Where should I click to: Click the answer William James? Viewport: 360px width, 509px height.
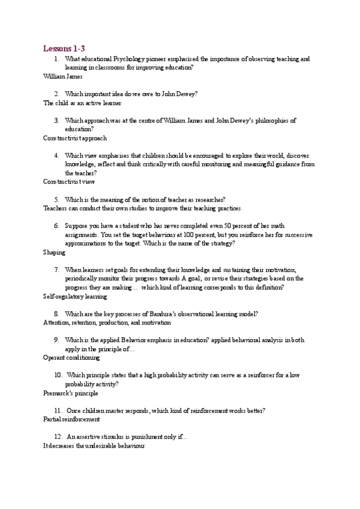tap(63, 77)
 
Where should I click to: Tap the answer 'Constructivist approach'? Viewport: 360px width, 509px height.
tap(75, 138)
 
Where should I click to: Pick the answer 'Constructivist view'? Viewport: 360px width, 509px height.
tap(69, 181)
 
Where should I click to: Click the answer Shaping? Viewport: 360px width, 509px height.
tap(54, 253)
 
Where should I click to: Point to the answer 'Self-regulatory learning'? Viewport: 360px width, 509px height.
tap(75, 296)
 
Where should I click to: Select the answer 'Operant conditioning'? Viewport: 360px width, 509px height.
tap(71, 358)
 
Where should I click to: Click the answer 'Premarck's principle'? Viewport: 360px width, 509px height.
tap(71, 393)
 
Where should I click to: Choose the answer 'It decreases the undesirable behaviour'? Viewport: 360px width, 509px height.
tap(94, 446)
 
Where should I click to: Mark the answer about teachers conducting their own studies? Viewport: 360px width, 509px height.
tap(142, 208)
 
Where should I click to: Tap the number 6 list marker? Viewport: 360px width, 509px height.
tap(56, 226)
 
